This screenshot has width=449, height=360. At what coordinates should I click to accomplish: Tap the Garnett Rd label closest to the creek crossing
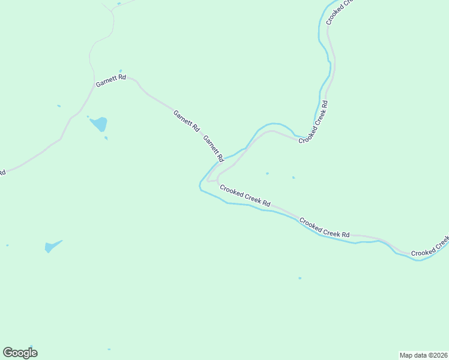(x=213, y=149)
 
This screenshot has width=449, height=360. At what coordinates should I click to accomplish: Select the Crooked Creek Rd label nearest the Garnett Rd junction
(x=245, y=196)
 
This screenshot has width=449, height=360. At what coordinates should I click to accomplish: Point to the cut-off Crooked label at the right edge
(x=430, y=248)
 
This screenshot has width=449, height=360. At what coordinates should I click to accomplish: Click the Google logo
(x=20, y=353)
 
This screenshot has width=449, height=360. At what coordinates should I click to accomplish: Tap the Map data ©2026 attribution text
(x=423, y=355)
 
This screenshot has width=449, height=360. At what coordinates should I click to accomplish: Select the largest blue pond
(x=99, y=124)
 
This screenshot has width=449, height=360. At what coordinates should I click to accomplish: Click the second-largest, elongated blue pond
(x=52, y=246)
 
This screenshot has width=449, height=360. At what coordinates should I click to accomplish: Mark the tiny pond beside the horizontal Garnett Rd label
(x=121, y=71)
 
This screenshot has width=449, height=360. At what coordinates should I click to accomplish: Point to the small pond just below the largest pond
(x=106, y=138)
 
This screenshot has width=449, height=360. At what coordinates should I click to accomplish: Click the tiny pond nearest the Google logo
(x=109, y=349)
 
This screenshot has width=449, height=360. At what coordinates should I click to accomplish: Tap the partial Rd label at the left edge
(x=2, y=173)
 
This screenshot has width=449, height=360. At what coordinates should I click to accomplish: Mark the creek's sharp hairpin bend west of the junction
(x=200, y=186)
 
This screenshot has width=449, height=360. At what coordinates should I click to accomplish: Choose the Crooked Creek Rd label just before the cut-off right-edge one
(x=324, y=227)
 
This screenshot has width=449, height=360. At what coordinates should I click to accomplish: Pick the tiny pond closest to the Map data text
(x=300, y=278)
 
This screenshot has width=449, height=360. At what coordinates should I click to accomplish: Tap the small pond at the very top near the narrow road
(x=119, y=4)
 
